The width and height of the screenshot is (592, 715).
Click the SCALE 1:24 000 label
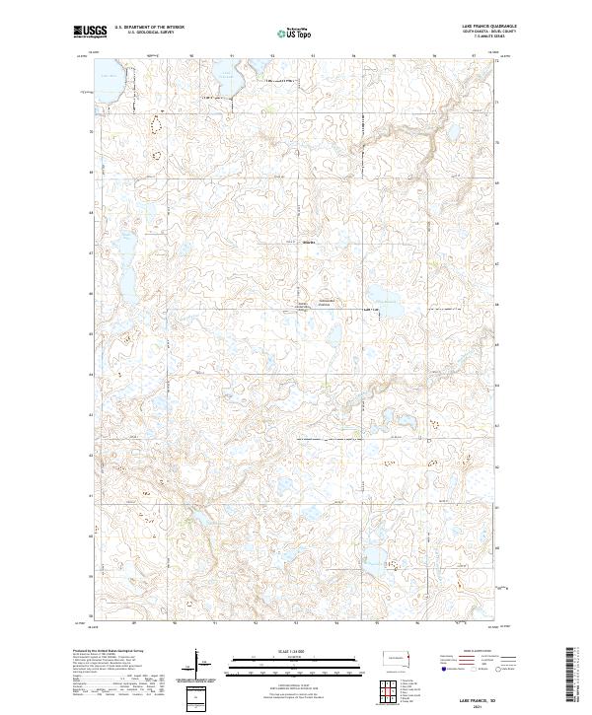[x=295, y=650]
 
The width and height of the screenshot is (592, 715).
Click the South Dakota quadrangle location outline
[x=399, y=660]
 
